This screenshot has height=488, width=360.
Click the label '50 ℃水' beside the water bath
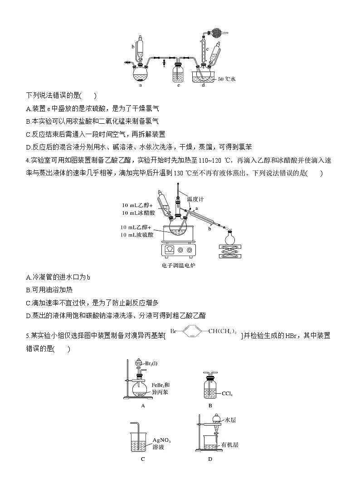[227, 79]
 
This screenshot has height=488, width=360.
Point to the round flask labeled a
[141, 72]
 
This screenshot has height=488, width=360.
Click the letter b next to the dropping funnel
[133, 46]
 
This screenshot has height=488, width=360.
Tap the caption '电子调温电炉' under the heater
[178, 265]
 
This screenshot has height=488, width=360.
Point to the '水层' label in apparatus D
[230, 420]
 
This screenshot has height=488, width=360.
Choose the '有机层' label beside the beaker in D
[230, 445]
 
